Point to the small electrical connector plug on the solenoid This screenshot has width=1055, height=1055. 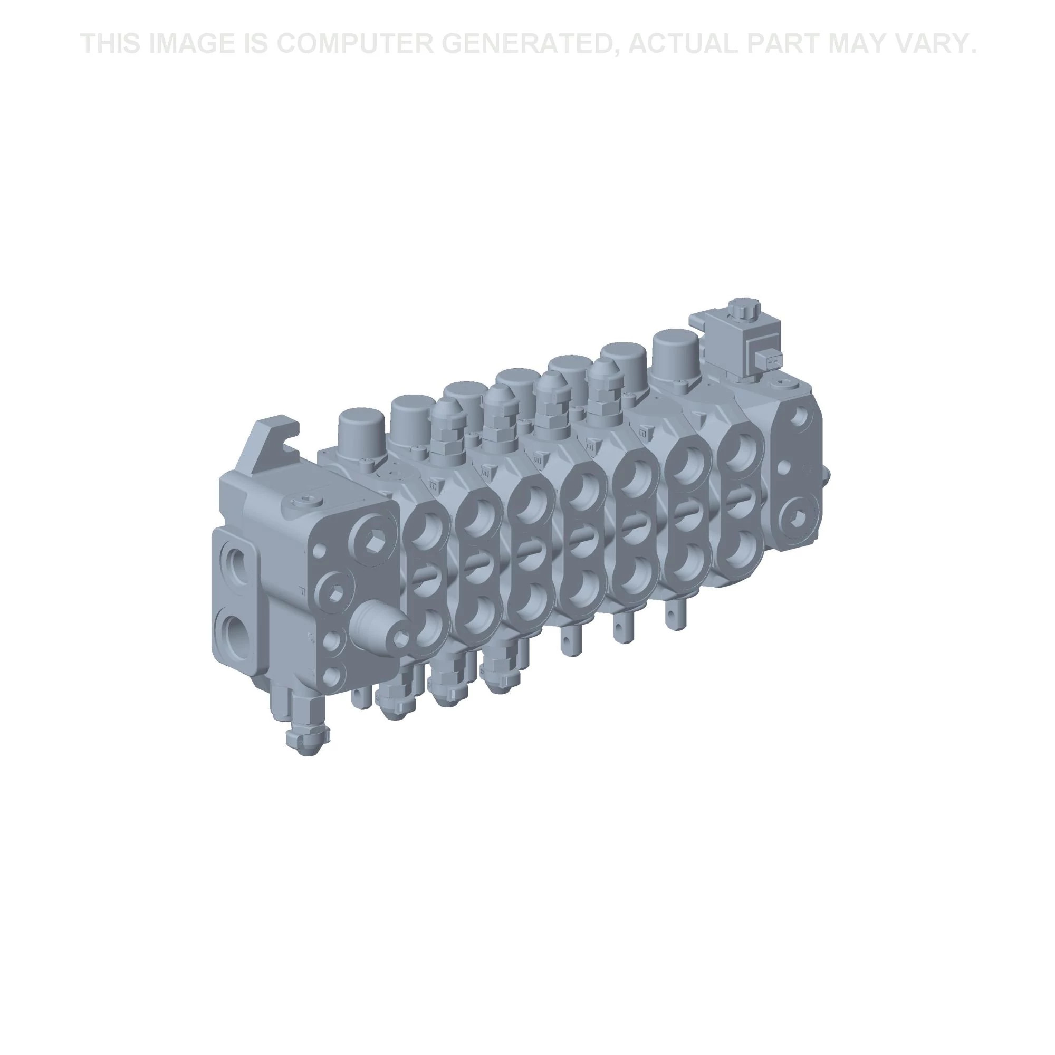point(770,360)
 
